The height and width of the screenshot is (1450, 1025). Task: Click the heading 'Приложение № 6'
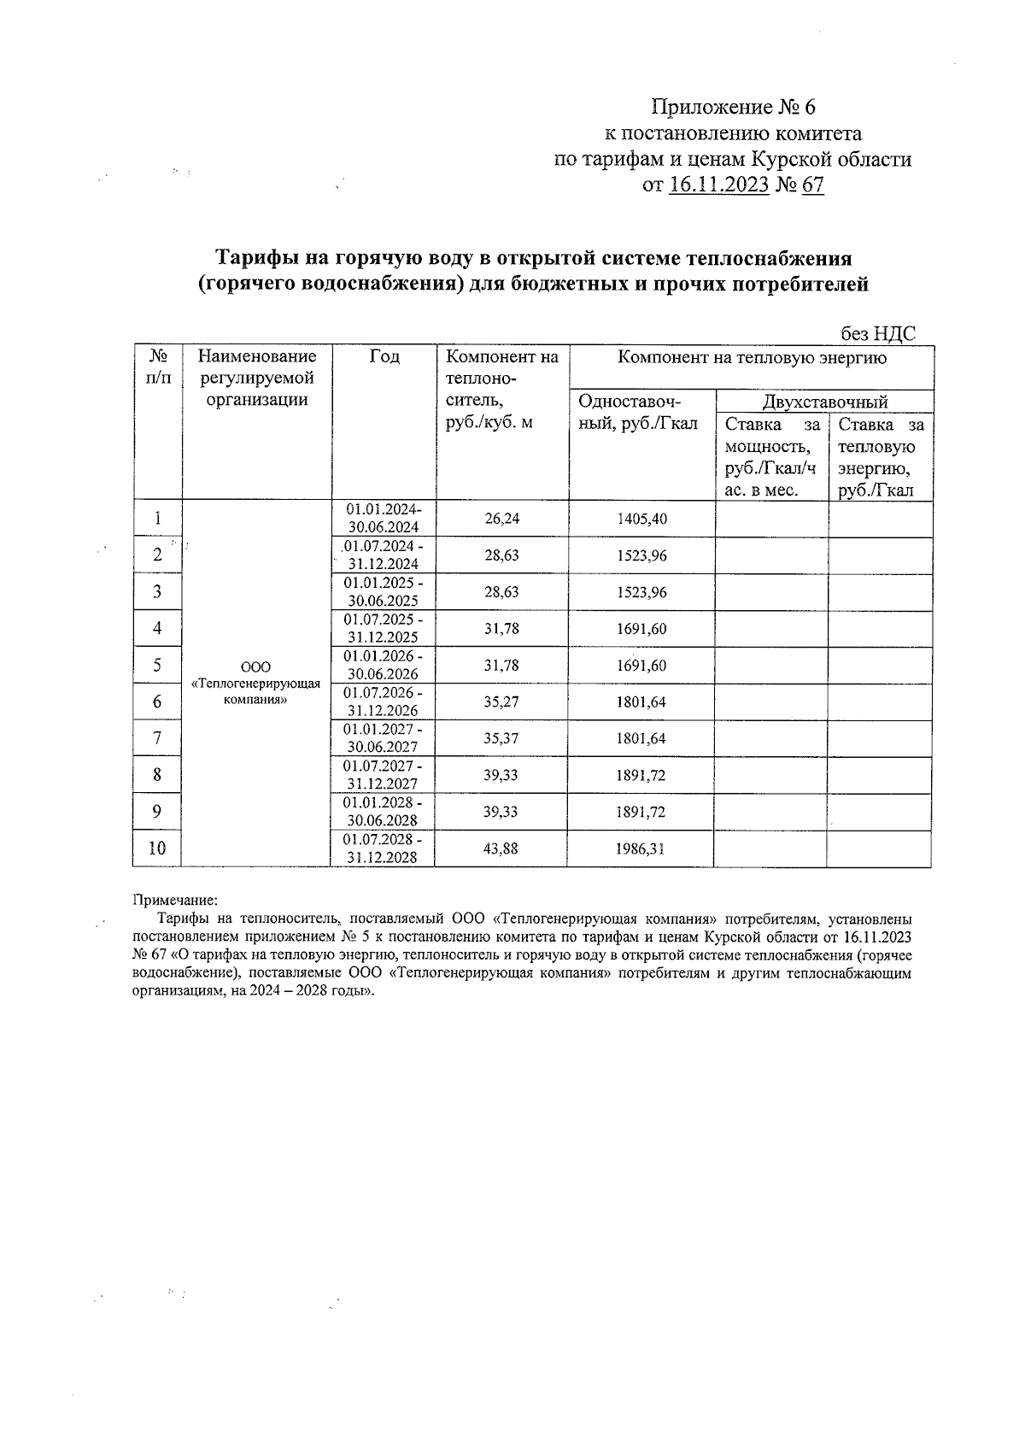734,108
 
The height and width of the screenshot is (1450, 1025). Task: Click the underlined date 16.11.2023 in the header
719,185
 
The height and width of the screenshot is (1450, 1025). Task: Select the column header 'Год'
384,357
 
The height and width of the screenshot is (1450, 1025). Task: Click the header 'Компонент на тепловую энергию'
752,358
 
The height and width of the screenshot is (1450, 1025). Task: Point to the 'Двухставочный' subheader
824,402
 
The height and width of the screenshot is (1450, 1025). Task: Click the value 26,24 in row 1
501,519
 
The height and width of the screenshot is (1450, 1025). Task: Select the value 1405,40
641,519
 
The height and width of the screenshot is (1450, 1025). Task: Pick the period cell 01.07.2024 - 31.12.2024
383,555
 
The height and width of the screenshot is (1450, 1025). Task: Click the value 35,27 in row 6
501,702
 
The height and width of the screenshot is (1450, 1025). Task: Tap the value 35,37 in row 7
501,739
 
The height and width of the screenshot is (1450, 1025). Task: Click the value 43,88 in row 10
501,849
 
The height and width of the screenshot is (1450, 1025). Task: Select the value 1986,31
641,849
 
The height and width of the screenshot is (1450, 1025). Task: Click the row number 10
158,848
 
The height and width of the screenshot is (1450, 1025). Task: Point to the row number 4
158,629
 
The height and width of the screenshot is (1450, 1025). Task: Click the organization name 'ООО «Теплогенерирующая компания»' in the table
256,684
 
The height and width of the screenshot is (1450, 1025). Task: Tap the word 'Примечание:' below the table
176,900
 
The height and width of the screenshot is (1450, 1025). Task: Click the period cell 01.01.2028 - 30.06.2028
383,813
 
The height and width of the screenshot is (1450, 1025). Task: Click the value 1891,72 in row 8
641,776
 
